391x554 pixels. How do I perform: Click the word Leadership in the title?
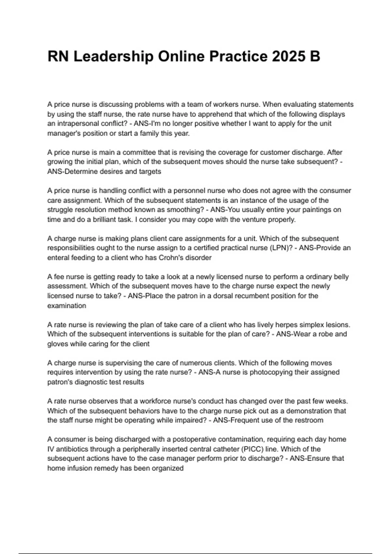[113, 56]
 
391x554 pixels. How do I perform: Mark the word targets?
[149, 171]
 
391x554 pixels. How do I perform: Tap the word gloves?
[58, 344]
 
